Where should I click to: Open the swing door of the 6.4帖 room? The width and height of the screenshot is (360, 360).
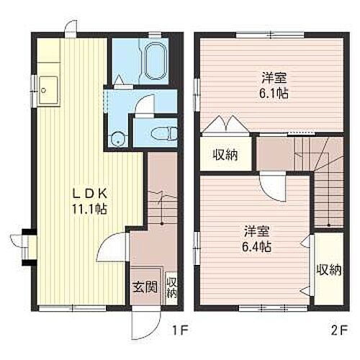tap(270, 189)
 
